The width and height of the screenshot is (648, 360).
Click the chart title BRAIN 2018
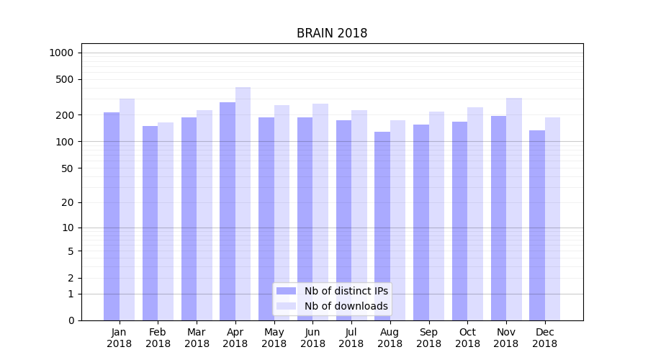332,34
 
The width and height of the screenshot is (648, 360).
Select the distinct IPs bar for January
112,216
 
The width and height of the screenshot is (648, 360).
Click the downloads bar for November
513,209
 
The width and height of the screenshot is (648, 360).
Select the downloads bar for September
436,216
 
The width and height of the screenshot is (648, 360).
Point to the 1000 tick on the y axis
61,53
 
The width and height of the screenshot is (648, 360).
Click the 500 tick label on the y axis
65,79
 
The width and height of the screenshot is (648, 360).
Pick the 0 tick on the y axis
71,320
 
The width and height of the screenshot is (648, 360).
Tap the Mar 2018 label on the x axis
197,338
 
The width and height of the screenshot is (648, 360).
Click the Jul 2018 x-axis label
351,338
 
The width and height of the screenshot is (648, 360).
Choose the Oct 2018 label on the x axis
467,338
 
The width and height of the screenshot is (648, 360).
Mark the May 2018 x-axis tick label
274,338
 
